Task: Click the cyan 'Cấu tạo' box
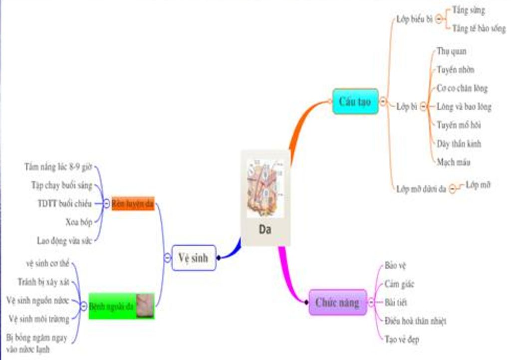(x=355, y=101)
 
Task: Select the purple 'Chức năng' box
(x=337, y=302)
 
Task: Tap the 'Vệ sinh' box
(x=194, y=258)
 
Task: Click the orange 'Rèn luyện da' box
(x=133, y=203)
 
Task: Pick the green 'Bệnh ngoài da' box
(x=113, y=306)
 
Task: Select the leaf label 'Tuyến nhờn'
(x=455, y=70)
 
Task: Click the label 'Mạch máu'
(x=453, y=162)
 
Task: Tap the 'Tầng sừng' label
(x=468, y=10)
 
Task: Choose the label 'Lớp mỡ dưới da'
(x=421, y=189)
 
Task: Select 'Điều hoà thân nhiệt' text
(x=415, y=321)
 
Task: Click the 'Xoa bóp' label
(x=78, y=221)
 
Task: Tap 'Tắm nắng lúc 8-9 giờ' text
(x=58, y=167)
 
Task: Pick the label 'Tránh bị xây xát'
(x=43, y=282)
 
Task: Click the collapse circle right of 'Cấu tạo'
(x=383, y=101)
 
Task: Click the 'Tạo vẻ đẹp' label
(x=402, y=340)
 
